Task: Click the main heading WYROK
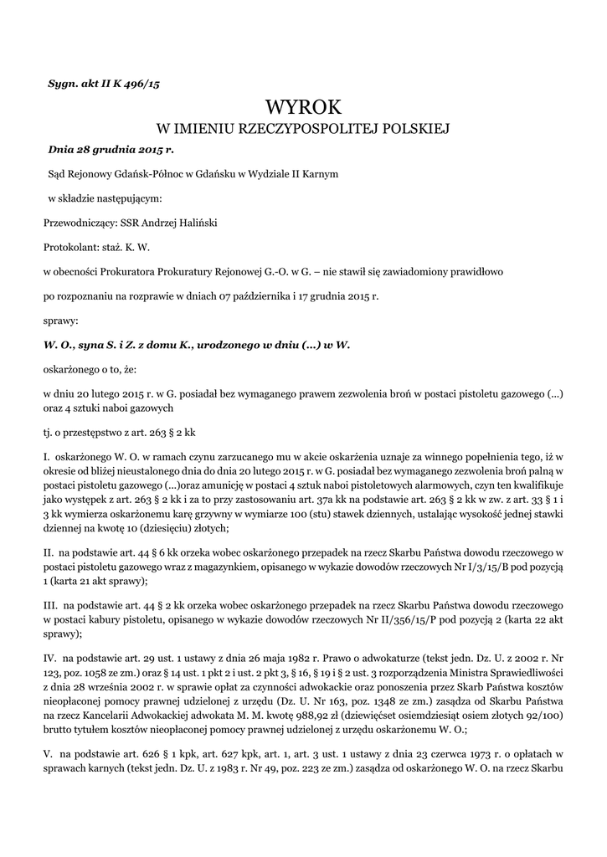click(x=304, y=107)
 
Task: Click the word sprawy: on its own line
click(x=59, y=320)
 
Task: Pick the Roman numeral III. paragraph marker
click(x=50, y=605)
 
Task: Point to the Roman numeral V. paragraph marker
click(x=48, y=753)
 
